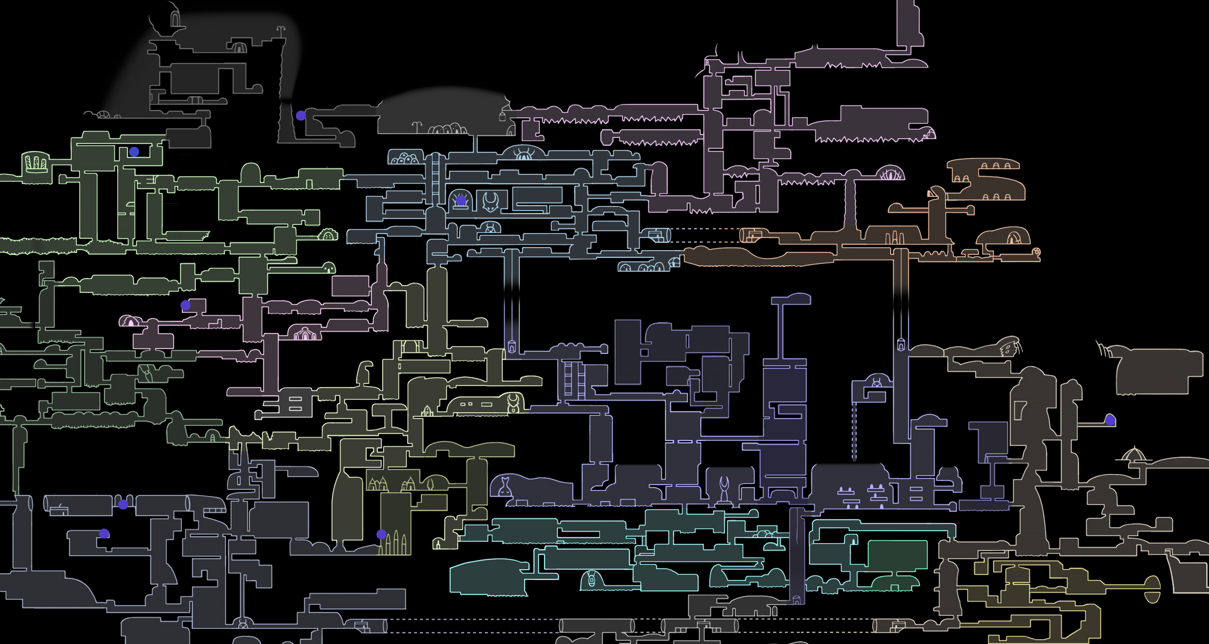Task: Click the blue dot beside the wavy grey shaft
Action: point(300,115)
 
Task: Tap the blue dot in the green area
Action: point(134,152)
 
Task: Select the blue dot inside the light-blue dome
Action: point(461,200)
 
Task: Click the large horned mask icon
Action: point(490,202)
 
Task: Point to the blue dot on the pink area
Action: point(186,306)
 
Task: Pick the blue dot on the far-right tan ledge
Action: point(1110,420)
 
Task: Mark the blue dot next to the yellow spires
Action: point(381,534)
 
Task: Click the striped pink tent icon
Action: point(305,332)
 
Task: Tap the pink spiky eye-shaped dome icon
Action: point(890,174)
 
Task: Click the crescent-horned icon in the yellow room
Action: point(513,402)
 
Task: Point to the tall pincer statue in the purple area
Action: point(724,488)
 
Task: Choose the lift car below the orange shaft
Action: point(901,346)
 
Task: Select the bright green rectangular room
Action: point(897,555)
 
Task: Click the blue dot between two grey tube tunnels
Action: point(123,504)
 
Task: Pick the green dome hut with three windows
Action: point(328,235)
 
